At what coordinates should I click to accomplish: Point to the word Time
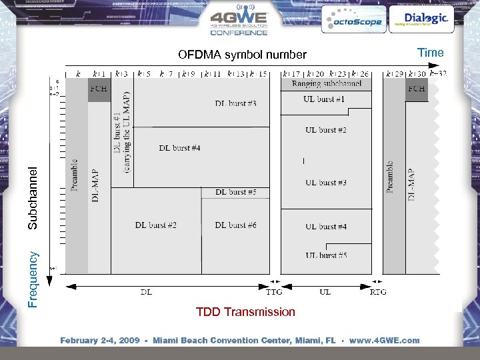[x=430, y=53]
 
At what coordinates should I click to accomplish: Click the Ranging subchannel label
[x=327, y=83]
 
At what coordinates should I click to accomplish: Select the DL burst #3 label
[x=235, y=103]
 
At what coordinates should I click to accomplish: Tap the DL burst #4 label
[x=179, y=147]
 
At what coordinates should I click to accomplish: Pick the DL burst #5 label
[x=235, y=192]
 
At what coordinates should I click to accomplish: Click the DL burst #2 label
[x=155, y=225]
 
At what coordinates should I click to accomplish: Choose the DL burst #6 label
[x=235, y=225]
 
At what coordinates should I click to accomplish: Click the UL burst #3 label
[x=326, y=183]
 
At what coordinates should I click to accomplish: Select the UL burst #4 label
[x=326, y=227]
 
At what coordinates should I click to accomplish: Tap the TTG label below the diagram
[x=274, y=292]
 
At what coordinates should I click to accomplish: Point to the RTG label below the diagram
[x=378, y=292]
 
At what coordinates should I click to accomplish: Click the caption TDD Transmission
[x=245, y=312]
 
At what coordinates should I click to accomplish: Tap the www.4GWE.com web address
[x=385, y=341]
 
